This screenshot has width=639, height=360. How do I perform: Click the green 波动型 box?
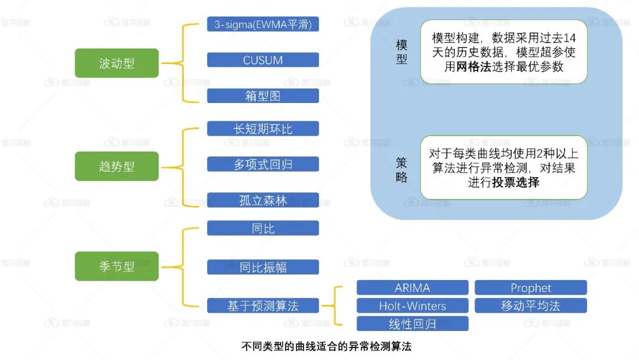coord(117,63)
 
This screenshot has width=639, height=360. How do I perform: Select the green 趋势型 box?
coord(117,166)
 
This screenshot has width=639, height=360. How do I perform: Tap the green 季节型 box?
coord(117,266)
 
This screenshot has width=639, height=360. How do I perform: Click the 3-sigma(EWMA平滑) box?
coord(263,24)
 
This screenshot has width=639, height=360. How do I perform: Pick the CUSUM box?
coord(263,60)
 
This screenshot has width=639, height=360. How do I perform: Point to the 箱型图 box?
coord(263,96)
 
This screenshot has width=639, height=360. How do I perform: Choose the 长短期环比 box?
coord(263,128)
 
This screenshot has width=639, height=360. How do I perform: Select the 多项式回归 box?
coord(263,164)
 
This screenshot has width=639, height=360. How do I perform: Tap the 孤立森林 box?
coord(263,200)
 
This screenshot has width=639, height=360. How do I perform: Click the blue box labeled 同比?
coord(263,228)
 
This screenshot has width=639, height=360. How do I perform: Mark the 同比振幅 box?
coord(263,266)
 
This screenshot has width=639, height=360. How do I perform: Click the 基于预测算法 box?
coord(263,306)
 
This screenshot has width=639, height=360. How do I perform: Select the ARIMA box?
coord(412,288)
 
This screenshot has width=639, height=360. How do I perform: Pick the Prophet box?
coord(531,288)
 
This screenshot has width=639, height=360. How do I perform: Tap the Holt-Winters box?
coord(412,306)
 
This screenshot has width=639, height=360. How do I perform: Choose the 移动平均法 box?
coord(531,306)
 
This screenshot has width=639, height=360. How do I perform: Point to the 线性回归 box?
coord(412,324)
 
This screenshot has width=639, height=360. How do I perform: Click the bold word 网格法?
coord(474,67)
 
